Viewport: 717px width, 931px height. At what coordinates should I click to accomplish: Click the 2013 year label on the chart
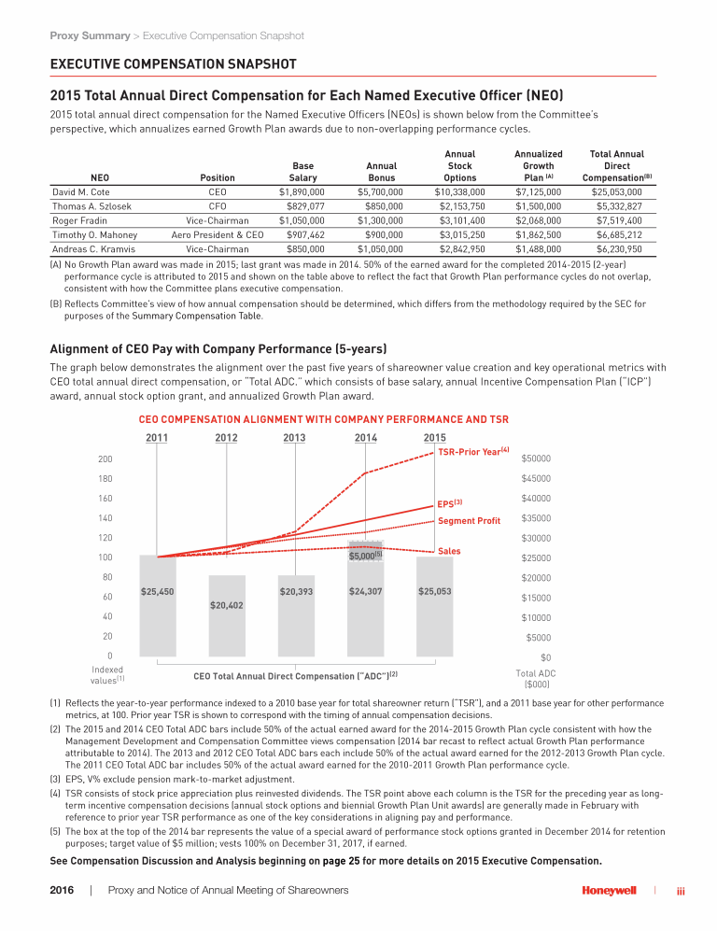tap(294, 438)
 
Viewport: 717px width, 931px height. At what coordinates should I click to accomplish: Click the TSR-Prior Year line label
tap(472, 452)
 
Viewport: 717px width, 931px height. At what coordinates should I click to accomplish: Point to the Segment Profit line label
tap(469, 520)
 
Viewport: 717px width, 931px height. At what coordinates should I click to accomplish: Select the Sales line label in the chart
tap(449, 551)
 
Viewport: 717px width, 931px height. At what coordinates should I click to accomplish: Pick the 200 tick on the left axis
tap(105, 458)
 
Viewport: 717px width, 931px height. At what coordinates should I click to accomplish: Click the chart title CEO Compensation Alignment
tap(323, 418)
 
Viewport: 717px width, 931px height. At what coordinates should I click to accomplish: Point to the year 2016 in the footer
tap(62, 890)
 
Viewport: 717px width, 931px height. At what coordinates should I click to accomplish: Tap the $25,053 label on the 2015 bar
tap(435, 591)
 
